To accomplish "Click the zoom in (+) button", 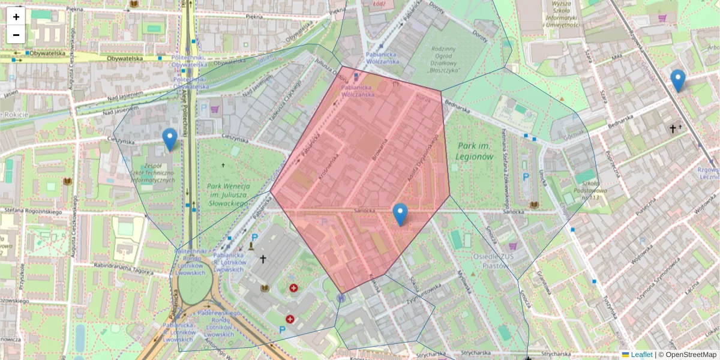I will pos(16,17).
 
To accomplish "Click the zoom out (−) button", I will pos(16,35).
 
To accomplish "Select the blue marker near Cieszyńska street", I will pos(170,139).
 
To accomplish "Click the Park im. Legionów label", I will pos(475,151).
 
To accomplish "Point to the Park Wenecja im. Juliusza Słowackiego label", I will pos(227,195).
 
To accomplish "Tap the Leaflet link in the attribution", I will pos(641,355).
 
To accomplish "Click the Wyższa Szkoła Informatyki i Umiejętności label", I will pos(560,14).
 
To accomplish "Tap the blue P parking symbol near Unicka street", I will pos(526,178).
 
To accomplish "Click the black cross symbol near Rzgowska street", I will pos(673,128).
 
